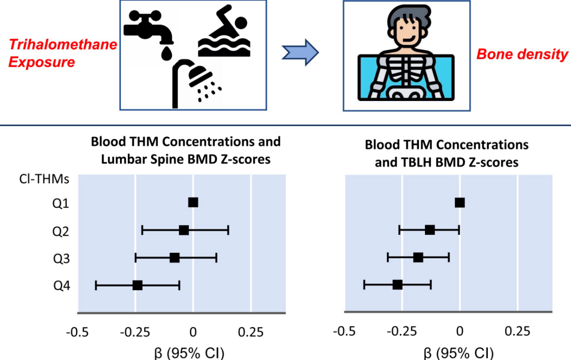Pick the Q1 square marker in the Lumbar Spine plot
tap(193, 202)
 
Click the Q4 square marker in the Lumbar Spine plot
tap(137, 285)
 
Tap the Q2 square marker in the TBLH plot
tap(430, 230)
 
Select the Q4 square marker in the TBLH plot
tap(397, 285)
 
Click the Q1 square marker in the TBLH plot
tap(459, 202)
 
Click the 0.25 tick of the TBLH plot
tap(517, 332)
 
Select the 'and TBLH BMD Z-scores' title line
tap(447, 163)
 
